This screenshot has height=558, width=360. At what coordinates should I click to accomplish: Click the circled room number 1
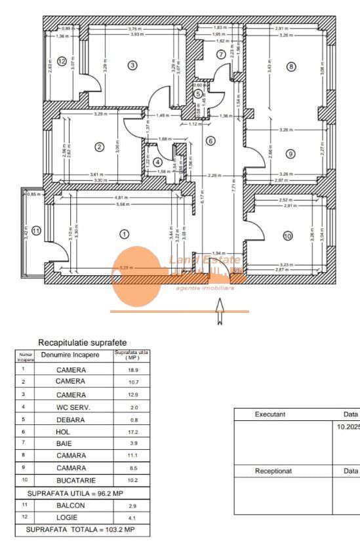pyautogui.click(x=123, y=233)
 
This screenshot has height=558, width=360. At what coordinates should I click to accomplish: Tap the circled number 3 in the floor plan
pyautogui.click(x=132, y=65)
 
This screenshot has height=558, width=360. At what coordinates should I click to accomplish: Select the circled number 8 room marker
pyautogui.click(x=291, y=66)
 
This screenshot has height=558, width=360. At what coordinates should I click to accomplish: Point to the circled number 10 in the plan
pyautogui.click(x=287, y=235)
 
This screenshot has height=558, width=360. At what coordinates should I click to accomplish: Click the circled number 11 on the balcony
pyautogui.click(x=37, y=230)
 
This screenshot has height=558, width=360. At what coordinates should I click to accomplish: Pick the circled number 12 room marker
pyautogui.click(x=62, y=62)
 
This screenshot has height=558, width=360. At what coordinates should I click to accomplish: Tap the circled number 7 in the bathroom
pyautogui.click(x=221, y=54)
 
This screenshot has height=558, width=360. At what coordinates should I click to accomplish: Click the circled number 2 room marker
pyautogui.click(x=99, y=147)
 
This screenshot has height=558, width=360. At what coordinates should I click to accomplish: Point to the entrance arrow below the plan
pyautogui.click(x=220, y=311)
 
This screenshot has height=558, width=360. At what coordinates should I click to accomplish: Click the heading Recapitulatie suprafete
pyautogui.click(x=82, y=342)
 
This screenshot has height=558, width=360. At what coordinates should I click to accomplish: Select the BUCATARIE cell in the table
pyautogui.click(x=70, y=479)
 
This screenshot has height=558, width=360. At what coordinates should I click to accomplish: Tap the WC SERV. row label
pyautogui.click(x=70, y=407)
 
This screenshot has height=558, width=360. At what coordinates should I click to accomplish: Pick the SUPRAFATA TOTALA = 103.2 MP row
pyautogui.click(x=82, y=529)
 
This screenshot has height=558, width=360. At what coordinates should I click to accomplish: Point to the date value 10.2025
pyautogui.click(x=348, y=427)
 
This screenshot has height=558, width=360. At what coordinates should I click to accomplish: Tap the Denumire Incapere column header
pyautogui.click(x=70, y=355)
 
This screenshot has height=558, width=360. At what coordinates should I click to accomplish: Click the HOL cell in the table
pyautogui.click(x=70, y=432)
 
